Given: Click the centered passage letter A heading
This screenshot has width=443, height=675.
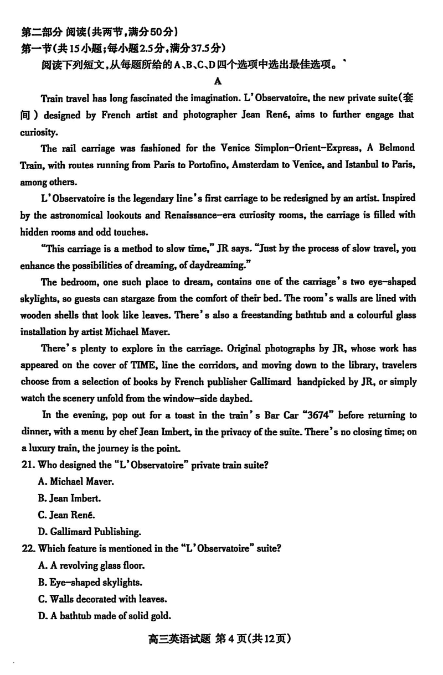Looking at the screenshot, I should [218, 81].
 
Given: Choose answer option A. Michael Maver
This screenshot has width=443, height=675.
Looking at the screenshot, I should [76, 482].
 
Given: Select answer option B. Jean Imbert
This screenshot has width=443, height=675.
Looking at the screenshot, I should [70, 499].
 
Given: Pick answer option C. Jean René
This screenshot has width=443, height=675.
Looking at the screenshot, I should [69, 515].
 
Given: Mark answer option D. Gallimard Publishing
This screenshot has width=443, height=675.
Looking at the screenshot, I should [89, 532].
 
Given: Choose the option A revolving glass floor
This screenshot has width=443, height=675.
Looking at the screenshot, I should [92, 565].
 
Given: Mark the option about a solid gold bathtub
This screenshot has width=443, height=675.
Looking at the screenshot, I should [105, 615].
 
